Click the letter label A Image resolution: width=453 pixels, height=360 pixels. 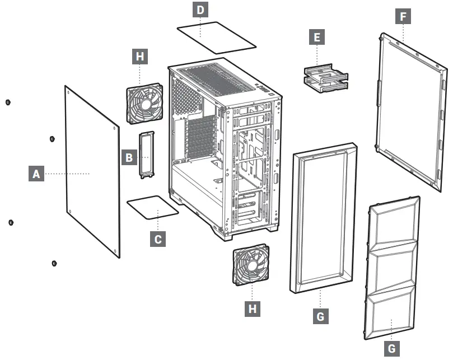click(x=36, y=174)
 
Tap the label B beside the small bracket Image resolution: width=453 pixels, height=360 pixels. click(x=129, y=158)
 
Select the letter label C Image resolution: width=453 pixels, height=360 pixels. click(x=158, y=239)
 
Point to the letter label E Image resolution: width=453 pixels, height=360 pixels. click(x=317, y=38)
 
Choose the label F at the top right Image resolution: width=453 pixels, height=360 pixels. click(x=403, y=16)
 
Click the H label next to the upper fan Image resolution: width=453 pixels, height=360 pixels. click(x=139, y=57)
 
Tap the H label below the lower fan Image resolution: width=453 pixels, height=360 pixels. click(x=254, y=308)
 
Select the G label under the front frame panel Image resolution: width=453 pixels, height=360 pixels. click(x=320, y=316)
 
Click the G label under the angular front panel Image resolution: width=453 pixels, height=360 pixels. click(x=391, y=348)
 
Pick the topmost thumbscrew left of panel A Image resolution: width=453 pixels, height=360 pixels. click(x=7, y=102)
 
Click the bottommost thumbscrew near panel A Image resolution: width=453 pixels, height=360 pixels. click(x=54, y=263)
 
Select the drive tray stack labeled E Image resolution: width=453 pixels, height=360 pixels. click(x=326, y=78)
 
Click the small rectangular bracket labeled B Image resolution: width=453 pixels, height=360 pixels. click(x=147, y=155)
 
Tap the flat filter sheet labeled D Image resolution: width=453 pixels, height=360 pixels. click(x=216, y=37)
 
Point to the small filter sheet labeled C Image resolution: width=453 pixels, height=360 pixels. click(x=153, y=208)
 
